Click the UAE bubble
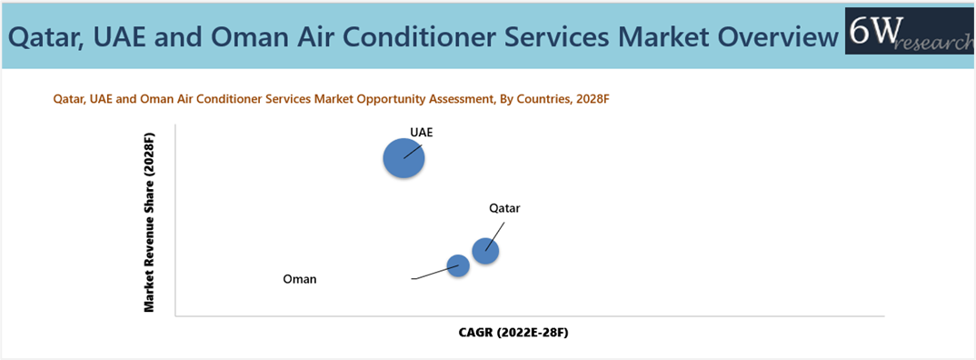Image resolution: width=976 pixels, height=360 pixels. point(403,158)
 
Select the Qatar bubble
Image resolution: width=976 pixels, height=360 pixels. point(485,251)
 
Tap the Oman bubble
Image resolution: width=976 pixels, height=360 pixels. point(458,266)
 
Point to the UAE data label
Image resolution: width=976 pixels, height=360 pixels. point(421,132)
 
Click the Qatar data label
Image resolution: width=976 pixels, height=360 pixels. point(504,209)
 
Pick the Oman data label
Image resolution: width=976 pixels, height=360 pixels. point(300,279)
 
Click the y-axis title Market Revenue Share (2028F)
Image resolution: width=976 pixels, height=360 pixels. point(149,222)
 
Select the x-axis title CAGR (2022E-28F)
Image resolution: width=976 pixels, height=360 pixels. point(513,333)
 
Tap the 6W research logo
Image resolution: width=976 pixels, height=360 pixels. point(910,39)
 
